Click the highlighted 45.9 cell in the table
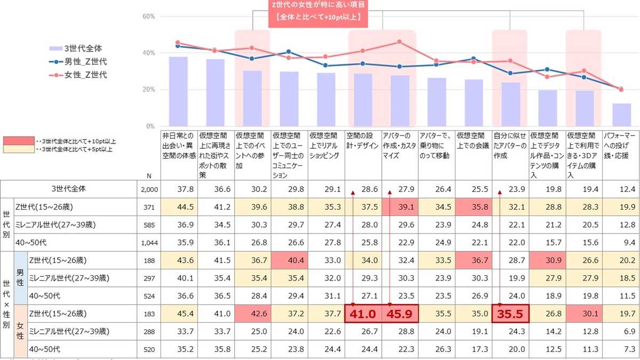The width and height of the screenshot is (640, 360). tap(400, 314)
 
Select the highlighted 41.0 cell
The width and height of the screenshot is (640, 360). tap(363, 314)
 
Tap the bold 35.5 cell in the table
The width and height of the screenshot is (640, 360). tap(510, 314)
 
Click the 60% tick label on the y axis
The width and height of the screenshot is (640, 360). tap(148, 17)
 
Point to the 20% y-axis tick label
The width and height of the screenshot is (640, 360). tap(148, 90)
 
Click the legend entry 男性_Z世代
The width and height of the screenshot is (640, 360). tap(85, 61)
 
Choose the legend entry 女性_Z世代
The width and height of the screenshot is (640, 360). tap(85, 75)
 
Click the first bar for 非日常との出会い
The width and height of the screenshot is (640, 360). tap(178, 91)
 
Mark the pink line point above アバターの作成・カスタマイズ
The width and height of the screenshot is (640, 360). tap(399, 42)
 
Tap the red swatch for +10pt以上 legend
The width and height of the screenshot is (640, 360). tap(18, 141)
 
